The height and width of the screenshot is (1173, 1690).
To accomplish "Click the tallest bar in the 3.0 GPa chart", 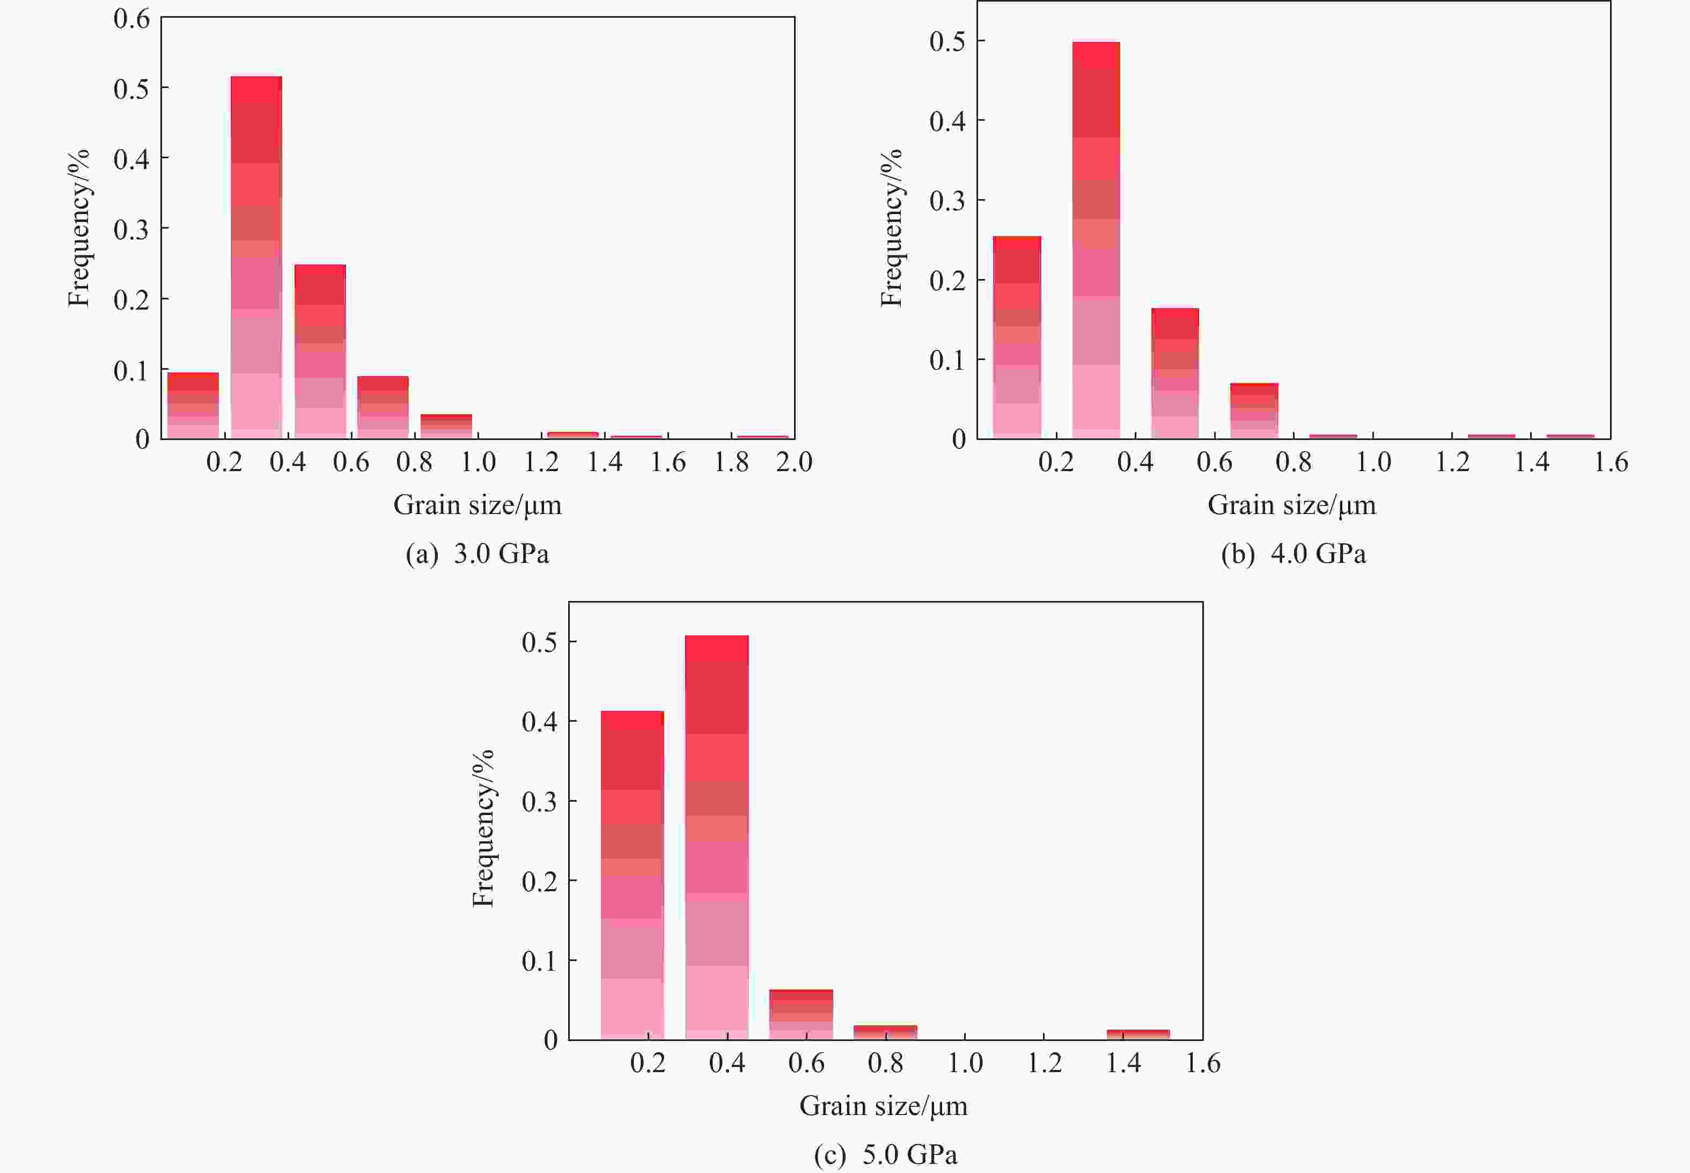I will click(256, 257).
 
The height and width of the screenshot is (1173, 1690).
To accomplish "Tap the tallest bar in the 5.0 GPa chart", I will click(716, 837).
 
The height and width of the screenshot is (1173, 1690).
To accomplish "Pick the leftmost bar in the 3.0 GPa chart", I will click(193, 406).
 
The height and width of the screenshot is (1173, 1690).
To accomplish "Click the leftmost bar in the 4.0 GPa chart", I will click(1017, 338).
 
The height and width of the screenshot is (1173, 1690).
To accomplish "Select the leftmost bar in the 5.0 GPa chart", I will click(632, 875).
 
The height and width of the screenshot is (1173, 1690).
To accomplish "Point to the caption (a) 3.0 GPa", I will click(477, 553).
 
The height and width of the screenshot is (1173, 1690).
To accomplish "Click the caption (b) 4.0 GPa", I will click(1293, 553).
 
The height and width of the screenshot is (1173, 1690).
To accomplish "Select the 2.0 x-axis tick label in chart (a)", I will click(794, 463).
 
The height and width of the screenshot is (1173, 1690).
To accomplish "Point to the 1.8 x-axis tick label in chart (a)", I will click(731, 463).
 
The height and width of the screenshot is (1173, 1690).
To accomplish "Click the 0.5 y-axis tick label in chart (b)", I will click(947, 42).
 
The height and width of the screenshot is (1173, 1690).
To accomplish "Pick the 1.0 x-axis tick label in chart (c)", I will click(965, 1063).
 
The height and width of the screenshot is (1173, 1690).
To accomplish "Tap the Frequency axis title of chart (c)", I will click(483, 829).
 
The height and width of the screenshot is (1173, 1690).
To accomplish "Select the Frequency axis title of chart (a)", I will click(79, 228).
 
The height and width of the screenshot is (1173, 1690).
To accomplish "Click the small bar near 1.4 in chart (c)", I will click(1137, 1034).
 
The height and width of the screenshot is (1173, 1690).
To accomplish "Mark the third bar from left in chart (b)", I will click(1175, 373).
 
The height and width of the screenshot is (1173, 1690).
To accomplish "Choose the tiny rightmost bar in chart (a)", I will click(762, 437).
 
